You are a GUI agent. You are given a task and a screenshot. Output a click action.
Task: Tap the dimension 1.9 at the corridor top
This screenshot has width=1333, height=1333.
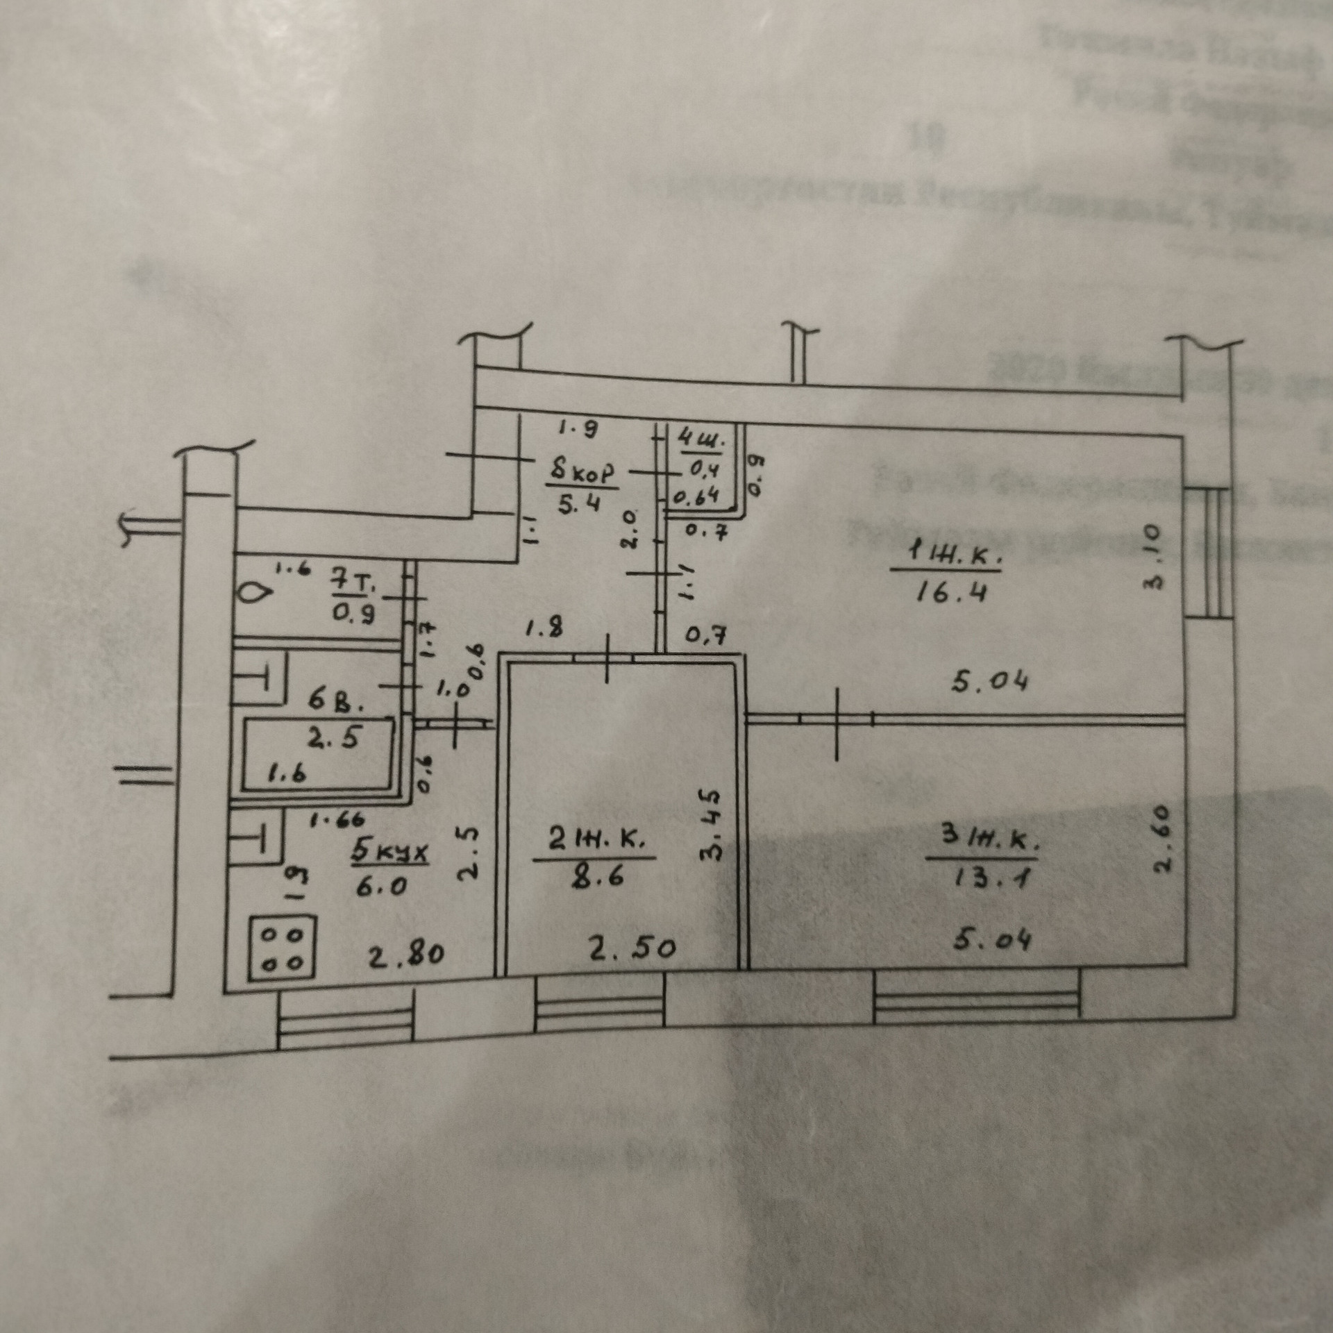[577, 430]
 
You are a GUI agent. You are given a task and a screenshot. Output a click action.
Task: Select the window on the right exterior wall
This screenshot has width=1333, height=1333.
[1209, 552]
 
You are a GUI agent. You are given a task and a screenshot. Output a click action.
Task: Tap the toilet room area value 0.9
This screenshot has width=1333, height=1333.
[354, 612]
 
